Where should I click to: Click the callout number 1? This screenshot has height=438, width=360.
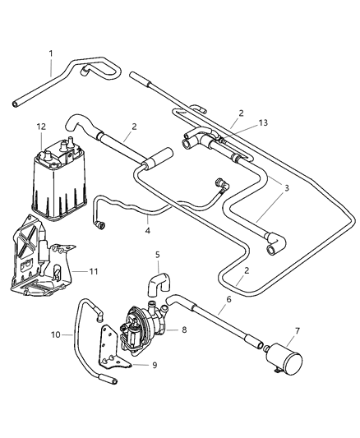pos(50,53)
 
